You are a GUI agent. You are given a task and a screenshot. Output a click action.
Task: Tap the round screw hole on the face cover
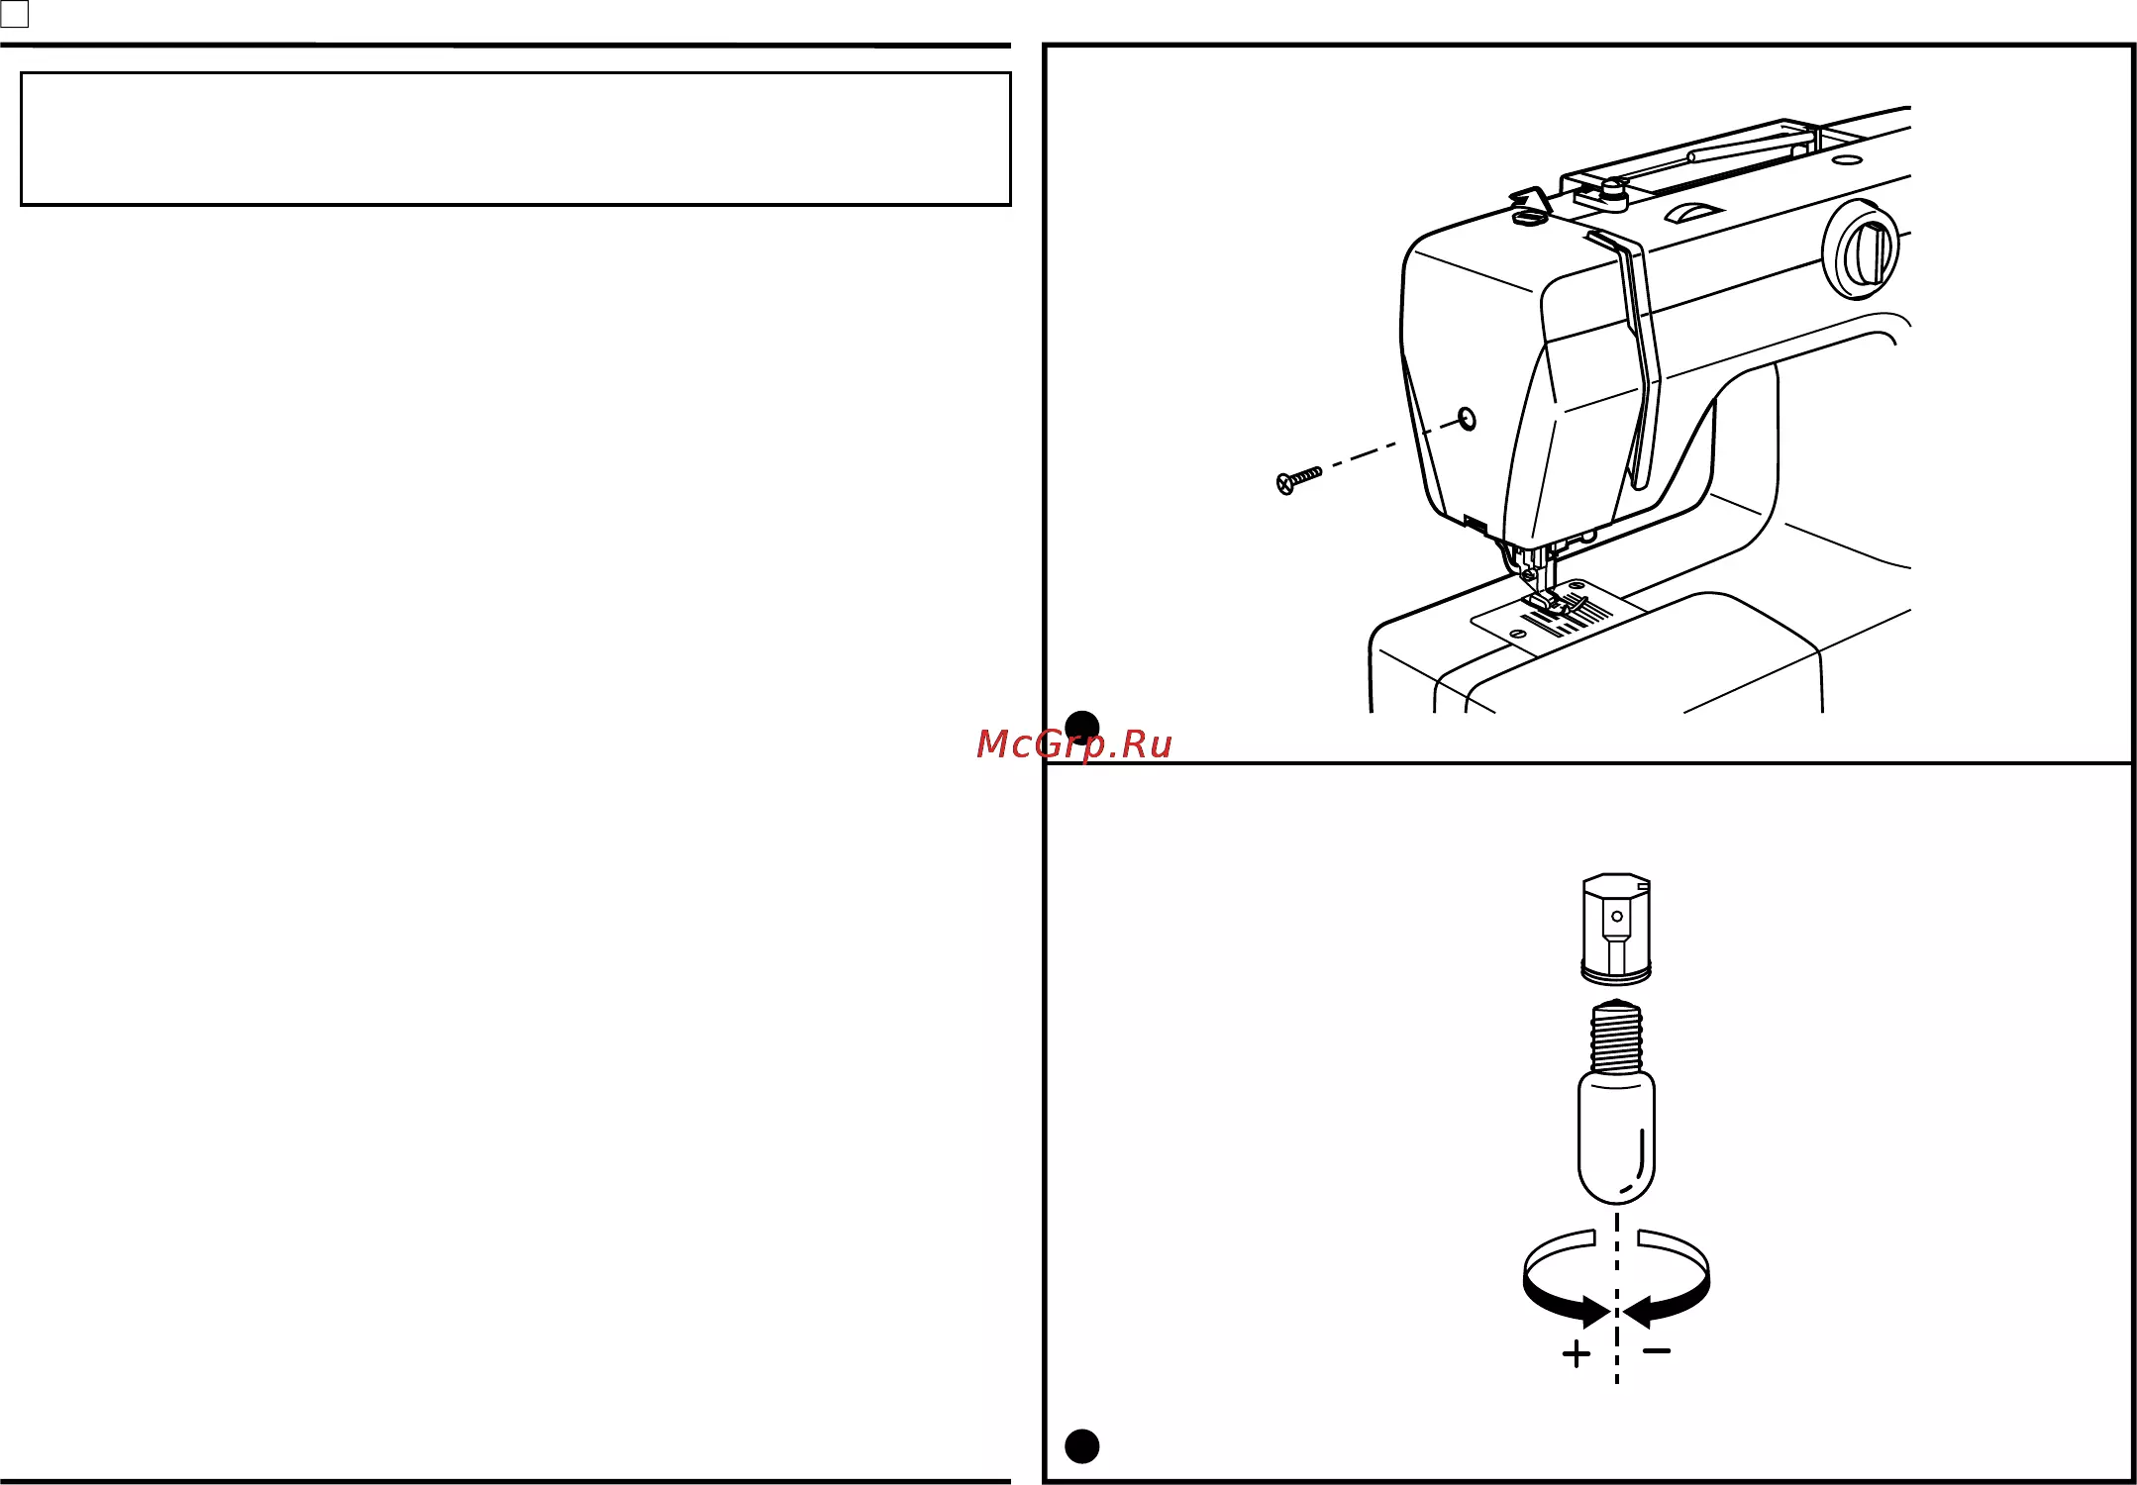click(1468, 419)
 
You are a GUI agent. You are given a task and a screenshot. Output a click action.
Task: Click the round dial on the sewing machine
click(1862, 249)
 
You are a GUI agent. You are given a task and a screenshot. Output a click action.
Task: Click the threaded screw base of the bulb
click(1616, 1037)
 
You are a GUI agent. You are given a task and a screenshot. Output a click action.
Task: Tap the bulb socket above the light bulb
click(1616, 929)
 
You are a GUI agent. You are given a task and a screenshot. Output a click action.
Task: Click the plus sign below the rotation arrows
click(1577, 1353)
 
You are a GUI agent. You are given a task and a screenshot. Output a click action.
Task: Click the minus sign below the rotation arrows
click(1657, 1350)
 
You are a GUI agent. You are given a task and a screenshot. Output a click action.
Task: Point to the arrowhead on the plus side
click(1595, 1312)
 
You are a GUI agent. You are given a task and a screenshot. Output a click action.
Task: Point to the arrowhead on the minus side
click(1637, 1312)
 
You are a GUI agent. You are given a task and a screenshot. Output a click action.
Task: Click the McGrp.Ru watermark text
click(1073, 744)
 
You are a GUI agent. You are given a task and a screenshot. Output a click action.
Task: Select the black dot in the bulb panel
click(1081, 1446)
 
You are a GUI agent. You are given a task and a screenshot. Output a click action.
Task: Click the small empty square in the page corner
click(14, 14)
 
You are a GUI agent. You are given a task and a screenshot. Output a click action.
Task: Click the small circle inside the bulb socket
click(1617, 916)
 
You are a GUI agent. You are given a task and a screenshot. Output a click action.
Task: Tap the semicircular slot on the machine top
click(1694, 212)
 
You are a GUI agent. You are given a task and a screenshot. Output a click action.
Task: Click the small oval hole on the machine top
click(1847, 158)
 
